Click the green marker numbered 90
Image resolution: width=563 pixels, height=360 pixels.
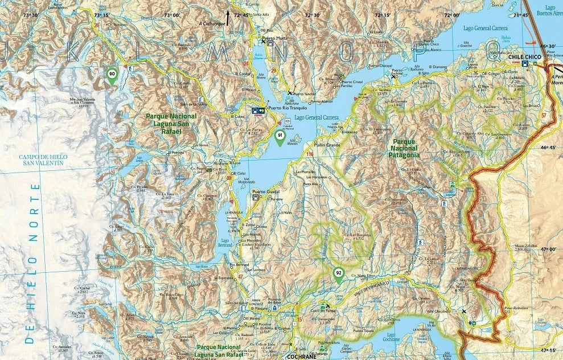[112, 74]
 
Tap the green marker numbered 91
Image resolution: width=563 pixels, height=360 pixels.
[280, 136]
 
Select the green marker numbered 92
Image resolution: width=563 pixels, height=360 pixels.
[338, 274]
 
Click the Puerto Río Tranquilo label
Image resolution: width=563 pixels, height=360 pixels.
[291, 107]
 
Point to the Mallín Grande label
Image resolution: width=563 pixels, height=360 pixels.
[326, 145]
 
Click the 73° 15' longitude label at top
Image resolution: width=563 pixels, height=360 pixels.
[101, 15]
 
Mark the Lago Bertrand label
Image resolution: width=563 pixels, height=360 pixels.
[226, 243]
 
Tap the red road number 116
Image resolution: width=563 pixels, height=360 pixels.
[310, 154]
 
